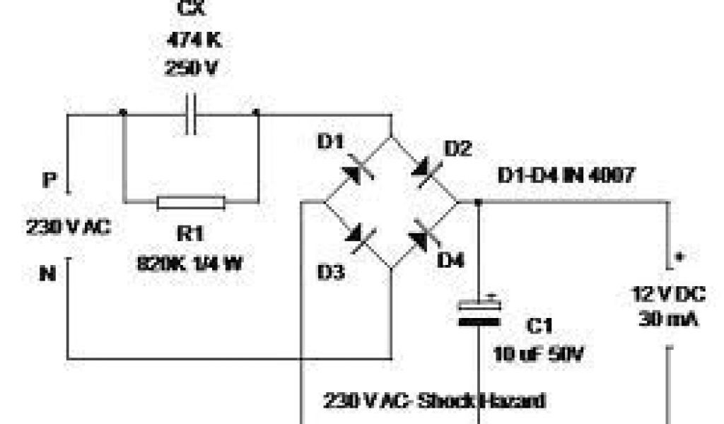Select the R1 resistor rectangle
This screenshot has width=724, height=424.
point(191,204)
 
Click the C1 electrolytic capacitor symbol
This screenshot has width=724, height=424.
point(481,313)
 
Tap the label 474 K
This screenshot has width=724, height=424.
point(193,40)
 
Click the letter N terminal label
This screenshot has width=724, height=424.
point(47,273)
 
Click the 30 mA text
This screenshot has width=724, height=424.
point(668,319)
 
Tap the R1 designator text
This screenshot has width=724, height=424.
point(190,233)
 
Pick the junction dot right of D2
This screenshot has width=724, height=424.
point(479,203)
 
